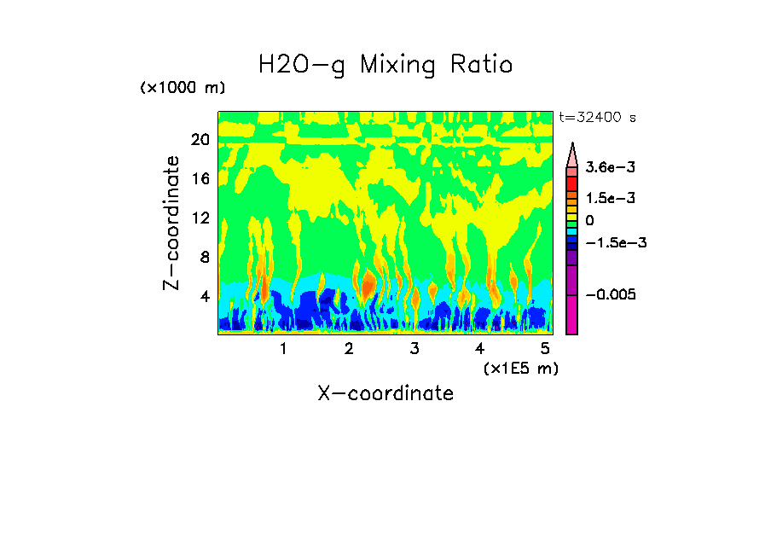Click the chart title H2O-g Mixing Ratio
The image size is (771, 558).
(x=385, y=65)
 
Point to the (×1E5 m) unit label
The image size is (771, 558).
(x=520, y=368)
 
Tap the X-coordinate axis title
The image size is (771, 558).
(x=385, y=393)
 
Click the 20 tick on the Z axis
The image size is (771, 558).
(x=200, y=140)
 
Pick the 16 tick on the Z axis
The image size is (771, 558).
(x=200, y=179)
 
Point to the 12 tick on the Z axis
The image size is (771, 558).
(x=200, y=218)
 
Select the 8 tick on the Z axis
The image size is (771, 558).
(x=205, y=258)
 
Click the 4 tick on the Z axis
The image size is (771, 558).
(x=205, y=297)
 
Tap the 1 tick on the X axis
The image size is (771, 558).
(x=283, y=348)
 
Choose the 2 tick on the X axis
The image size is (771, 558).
(x=349, y=348)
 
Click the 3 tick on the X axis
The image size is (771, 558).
(x=414, y=348)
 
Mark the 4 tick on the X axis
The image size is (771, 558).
(x=480, y=348)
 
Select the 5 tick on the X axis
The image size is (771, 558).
(x=546, y=348)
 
